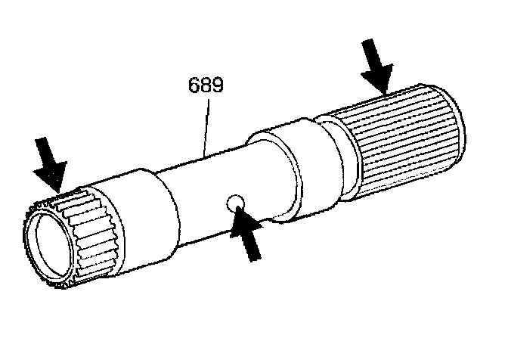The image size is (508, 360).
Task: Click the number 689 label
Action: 205,85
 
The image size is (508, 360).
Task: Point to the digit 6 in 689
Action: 194,85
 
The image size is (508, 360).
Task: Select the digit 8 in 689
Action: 205,85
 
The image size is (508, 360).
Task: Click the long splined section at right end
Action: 404,144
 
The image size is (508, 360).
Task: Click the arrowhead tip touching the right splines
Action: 385,93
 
